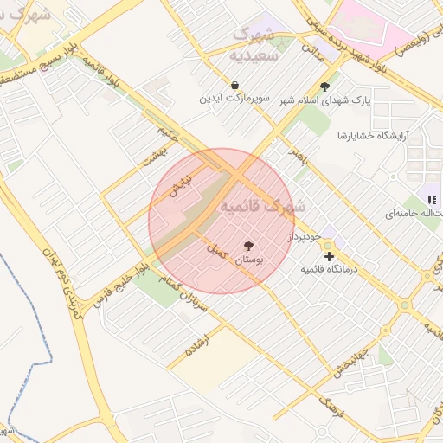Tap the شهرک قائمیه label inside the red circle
pos(260,207)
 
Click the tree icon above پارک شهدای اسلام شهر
pos(324,87)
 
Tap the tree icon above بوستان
pos(249,246)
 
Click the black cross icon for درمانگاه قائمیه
pos(329,256)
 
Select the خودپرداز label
pos(305,236)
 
